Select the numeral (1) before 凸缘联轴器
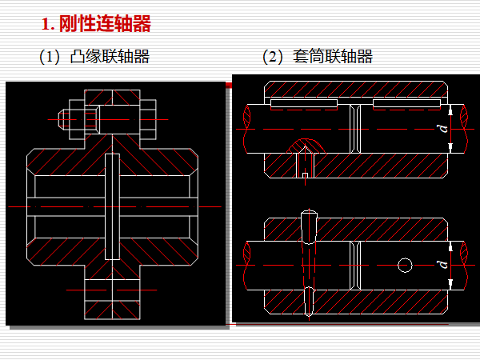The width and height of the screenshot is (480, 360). point(50,56)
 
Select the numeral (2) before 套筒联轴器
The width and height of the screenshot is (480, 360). point(274,56)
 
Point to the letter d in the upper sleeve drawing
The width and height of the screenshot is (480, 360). point(440,129)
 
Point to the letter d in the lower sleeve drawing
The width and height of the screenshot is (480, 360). point(440,264)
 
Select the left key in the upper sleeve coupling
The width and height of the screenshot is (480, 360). point(304,104)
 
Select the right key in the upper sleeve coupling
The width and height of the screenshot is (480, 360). point(406,104)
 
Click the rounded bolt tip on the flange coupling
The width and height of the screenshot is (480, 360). point(62,119)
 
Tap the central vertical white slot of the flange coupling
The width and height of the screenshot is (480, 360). point(111,206)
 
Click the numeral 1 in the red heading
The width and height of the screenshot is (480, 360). point(46,25)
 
